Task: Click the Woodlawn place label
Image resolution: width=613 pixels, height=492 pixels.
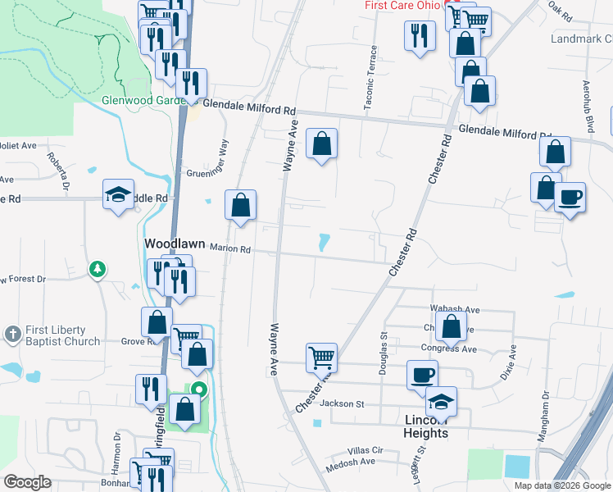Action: pyautogui.click(x=175, y=244)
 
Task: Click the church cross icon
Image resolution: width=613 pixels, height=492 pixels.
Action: pyautogui.click(x=12, y=335)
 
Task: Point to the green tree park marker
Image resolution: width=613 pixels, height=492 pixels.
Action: pyautogui.click(x=98, y=269)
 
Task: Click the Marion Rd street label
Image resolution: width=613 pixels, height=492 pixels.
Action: pyautogui.click(x=229, y=248)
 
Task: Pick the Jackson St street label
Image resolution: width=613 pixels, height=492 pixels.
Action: pyautogui.click(x=342, y=403)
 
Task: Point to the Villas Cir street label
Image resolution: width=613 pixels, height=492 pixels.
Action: pyautogui.click(x=366, y=450)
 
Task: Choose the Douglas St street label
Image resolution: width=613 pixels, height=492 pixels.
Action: pyautogui.click(x=383, y=354)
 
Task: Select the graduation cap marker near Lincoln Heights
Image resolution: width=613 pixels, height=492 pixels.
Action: pyautogui.click(x=441, y=401)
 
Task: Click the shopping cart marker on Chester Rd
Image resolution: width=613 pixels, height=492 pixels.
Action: pyautogui.click(x=322, y=358)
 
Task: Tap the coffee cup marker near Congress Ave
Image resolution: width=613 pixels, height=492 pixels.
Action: pyautogui.click(x=422, y=376)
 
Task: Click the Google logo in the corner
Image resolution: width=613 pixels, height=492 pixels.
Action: pyautogui.click(x=27, y=482)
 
